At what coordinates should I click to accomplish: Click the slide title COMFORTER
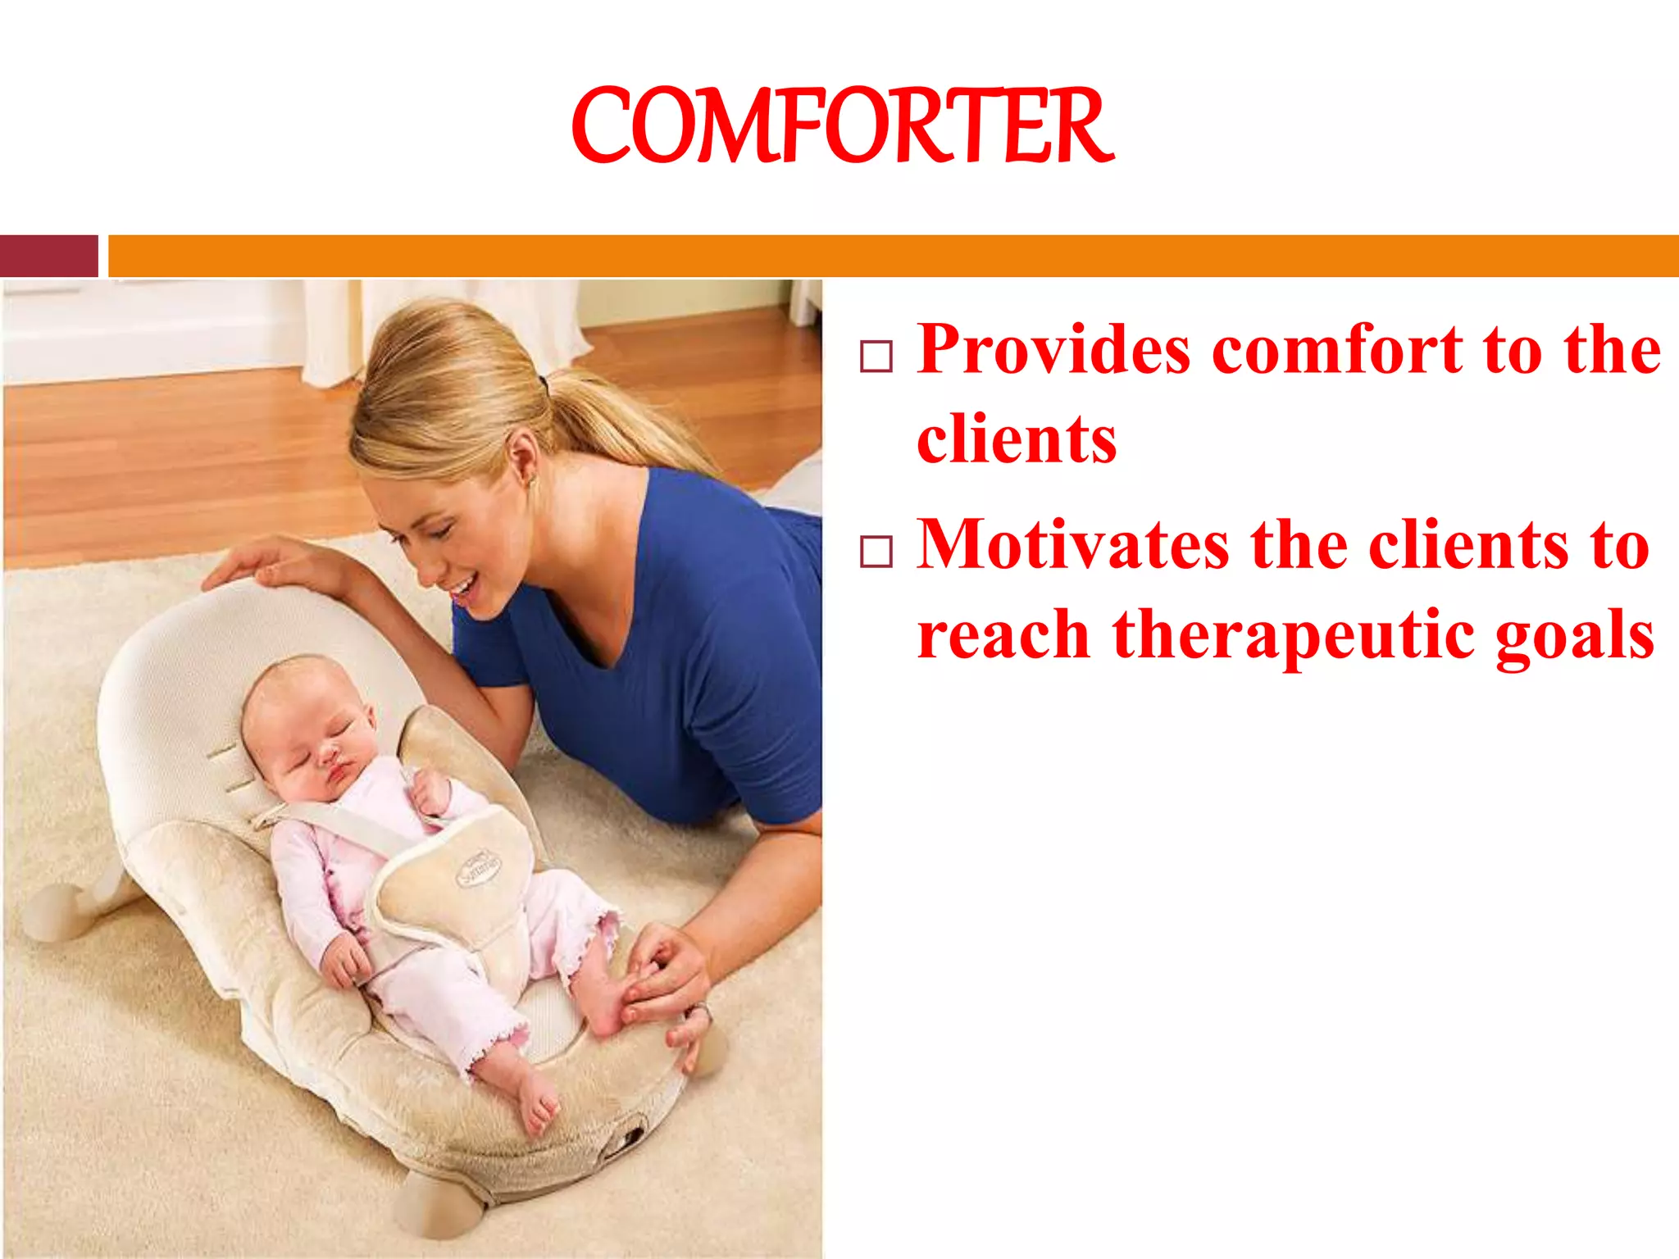tap(842, 126)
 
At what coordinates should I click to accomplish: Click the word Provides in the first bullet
tap(1053, 350)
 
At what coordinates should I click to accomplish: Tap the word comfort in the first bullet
tap(1336, 350)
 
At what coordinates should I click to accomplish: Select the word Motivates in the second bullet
tap(1072, 545)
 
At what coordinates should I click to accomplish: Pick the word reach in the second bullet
tap(1002, 636)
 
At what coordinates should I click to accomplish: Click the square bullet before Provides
tap(876, 357)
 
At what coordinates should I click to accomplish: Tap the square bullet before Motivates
tap(876, 552)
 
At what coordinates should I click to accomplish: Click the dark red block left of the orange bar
tap(49, 256)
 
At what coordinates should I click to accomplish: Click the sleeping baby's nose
tap(328, 752)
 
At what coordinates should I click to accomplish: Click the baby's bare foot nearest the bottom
tap(536, 1102)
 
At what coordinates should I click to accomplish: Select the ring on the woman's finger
tap(701, 1013)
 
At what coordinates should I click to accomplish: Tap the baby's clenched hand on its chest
tap(430, 792)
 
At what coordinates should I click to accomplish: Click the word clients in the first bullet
tap(1017, 439)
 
